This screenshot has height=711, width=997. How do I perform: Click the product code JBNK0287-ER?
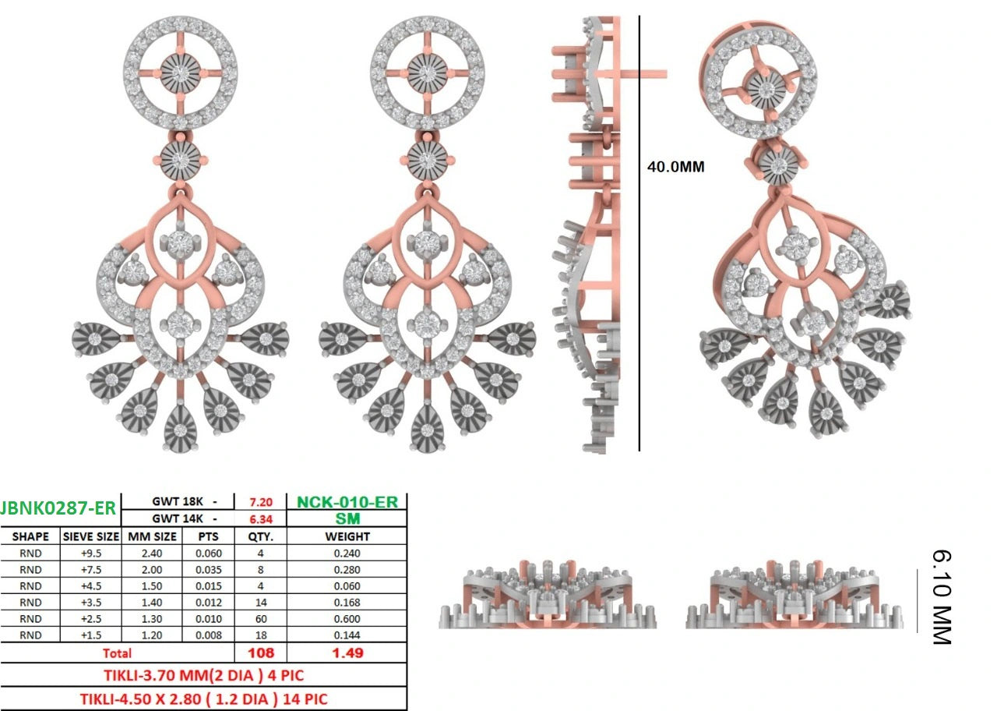click(58, 508)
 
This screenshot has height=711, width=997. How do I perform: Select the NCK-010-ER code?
click(347, 502)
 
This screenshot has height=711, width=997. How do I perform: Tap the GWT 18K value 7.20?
click(261, 503)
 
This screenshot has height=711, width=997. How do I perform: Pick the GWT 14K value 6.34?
click(261, 519)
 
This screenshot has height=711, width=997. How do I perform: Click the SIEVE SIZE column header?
click(91, 536)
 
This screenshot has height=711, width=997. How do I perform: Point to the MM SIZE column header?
click(152, 536)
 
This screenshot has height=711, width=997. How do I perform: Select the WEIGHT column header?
click(347, 536)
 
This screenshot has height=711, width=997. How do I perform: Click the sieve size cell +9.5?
click(91, 554)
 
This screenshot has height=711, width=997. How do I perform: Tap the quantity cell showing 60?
click(261, 619)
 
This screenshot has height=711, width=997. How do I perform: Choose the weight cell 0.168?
click(347, 603)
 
